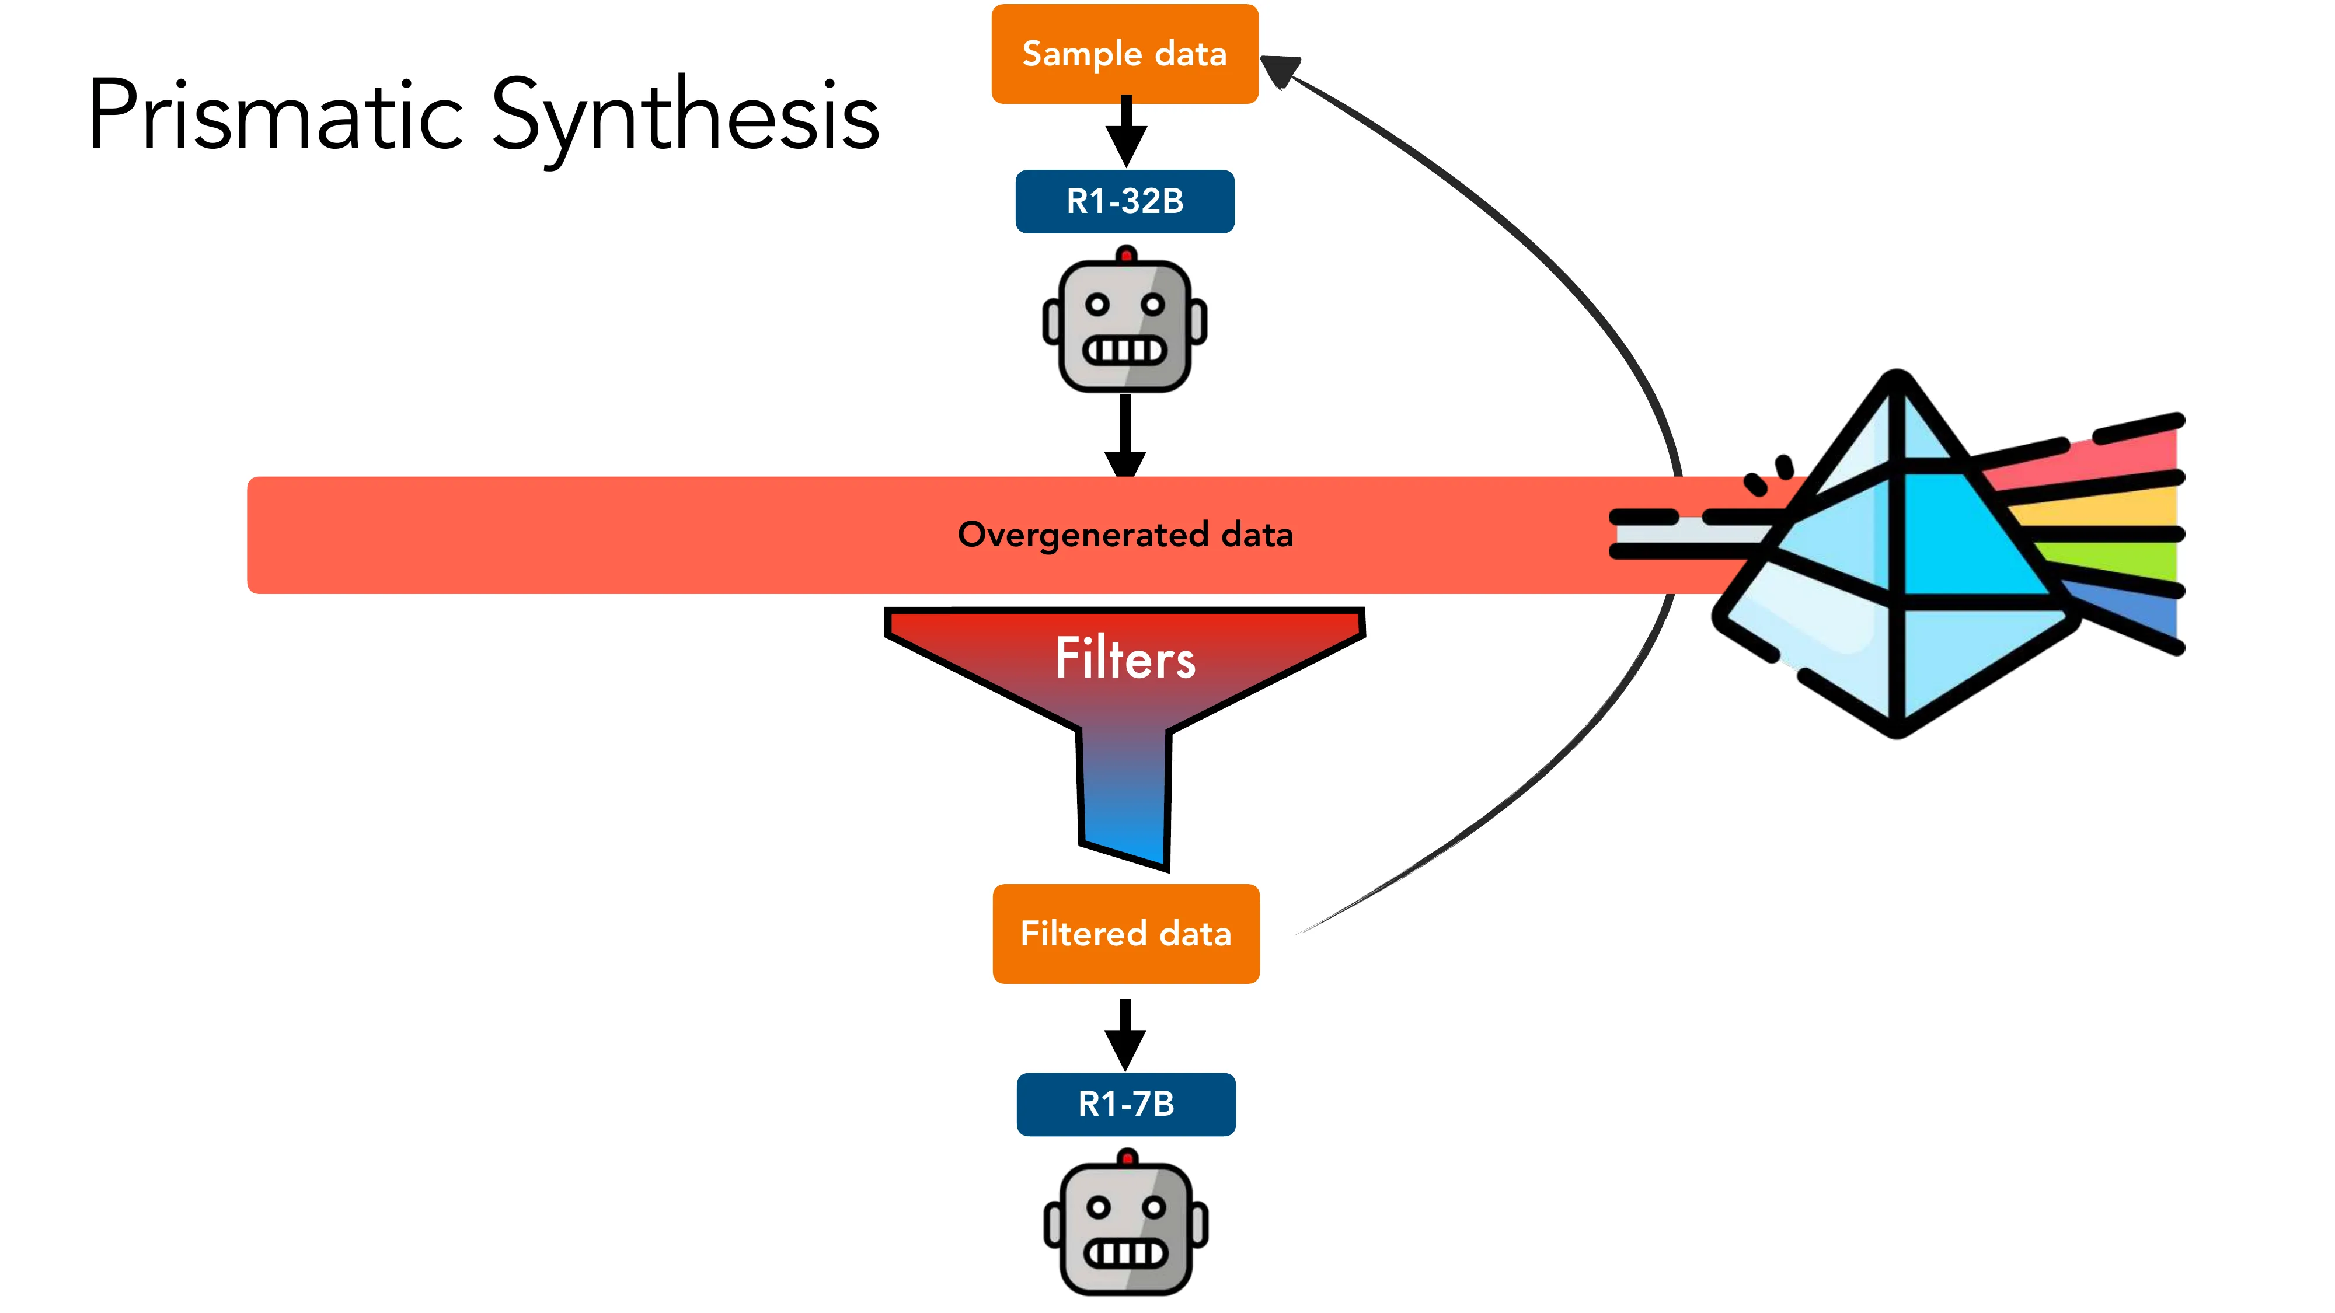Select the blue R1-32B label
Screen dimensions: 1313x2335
[x=1125, y=201]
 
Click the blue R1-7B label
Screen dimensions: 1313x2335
[x=1126, y=1104]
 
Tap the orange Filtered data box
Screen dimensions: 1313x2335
[x=1126, y=933]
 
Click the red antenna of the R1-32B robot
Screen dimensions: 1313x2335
[x=1126, y=254]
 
